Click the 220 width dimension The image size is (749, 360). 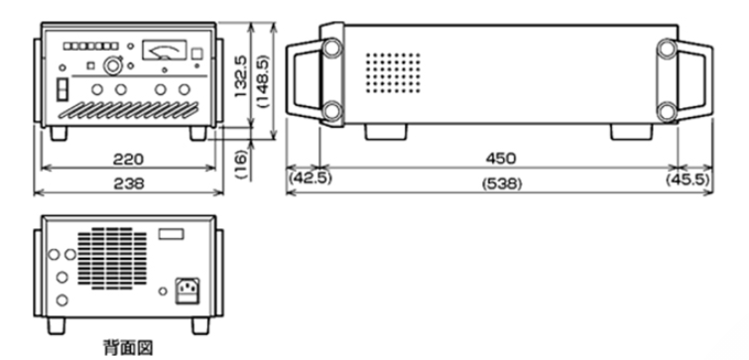[129, 159]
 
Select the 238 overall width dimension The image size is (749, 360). [129, 183]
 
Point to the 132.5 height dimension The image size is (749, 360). [241, 76]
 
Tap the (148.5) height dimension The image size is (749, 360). [263, 80]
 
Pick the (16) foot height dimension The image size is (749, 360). [242, 164]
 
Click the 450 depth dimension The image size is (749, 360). [501, 159]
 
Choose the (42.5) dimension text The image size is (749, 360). [310, 179]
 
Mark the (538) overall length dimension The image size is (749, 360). [502, 183]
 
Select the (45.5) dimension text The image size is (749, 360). [687, 180]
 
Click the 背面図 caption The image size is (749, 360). [129, 347]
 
